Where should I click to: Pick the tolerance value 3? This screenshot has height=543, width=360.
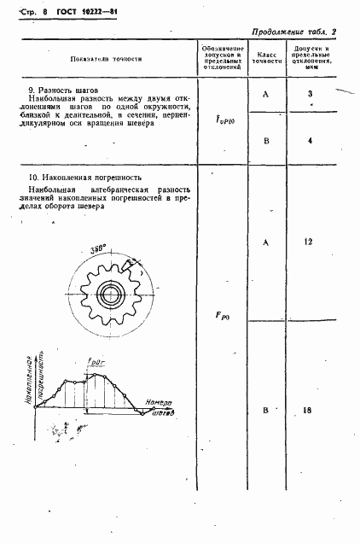(x=311, y=93)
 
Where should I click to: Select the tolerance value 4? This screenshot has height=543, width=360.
(x=311, y=140)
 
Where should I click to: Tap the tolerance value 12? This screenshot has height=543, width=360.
(x=311, y=243)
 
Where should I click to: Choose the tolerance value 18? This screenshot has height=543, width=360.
(x=311, y=411)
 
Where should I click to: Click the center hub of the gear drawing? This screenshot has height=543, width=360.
(x=111, y=295)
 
